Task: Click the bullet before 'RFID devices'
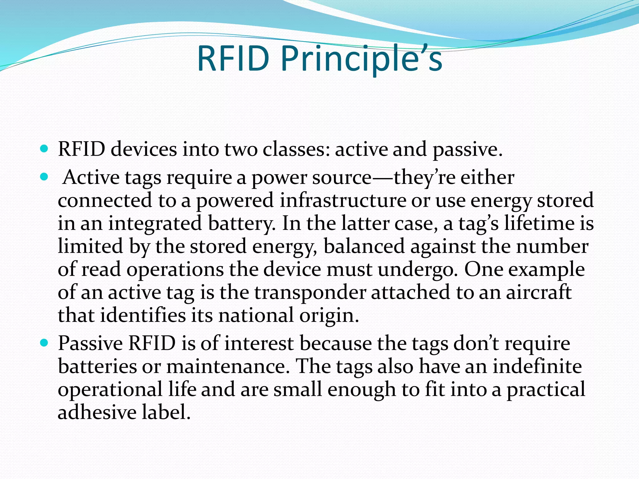44,149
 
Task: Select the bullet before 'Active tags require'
44,177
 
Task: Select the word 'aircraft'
539,293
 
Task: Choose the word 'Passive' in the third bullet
90,343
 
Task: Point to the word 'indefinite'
537,366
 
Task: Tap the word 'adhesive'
97,412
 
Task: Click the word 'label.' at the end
166,412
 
